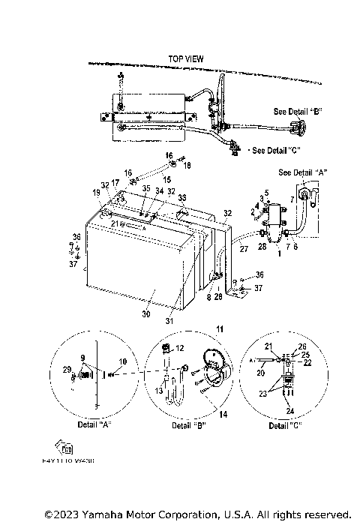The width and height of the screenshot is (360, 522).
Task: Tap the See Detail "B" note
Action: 298,111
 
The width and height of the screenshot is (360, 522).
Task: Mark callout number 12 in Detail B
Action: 179,346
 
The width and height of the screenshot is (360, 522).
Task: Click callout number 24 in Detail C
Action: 289,411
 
